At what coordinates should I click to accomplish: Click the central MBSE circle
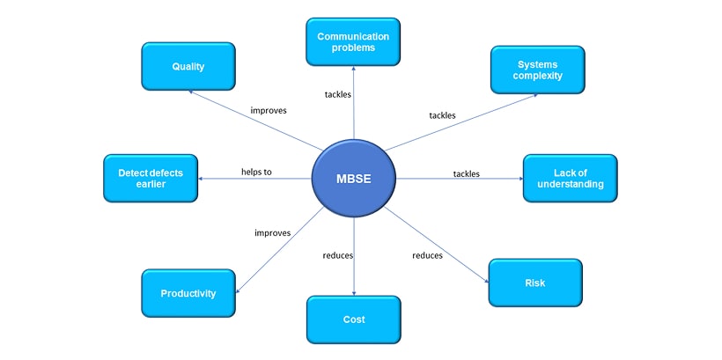354,179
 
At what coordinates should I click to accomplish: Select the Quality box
188,66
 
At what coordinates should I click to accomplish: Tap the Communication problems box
352,41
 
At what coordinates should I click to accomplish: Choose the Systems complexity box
538,70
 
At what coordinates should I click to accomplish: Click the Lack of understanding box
570,178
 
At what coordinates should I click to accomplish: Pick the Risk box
534,283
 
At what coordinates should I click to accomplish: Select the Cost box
353,319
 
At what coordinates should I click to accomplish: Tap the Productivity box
188,293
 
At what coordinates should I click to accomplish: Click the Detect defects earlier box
151,178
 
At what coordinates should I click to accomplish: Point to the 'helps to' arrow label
256,172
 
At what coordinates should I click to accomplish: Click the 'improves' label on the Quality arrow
269,111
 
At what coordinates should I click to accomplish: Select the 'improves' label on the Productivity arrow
273,232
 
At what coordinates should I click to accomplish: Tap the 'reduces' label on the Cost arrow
338,255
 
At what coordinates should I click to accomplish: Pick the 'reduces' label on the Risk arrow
427,255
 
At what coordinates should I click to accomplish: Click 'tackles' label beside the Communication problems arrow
337,94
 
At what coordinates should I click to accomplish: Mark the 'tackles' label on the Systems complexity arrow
442,115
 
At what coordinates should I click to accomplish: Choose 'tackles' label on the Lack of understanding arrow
466,173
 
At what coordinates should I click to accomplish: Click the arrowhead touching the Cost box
354,293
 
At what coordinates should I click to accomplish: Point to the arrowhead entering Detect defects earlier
202,179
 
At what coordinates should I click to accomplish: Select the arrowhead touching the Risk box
486,280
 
